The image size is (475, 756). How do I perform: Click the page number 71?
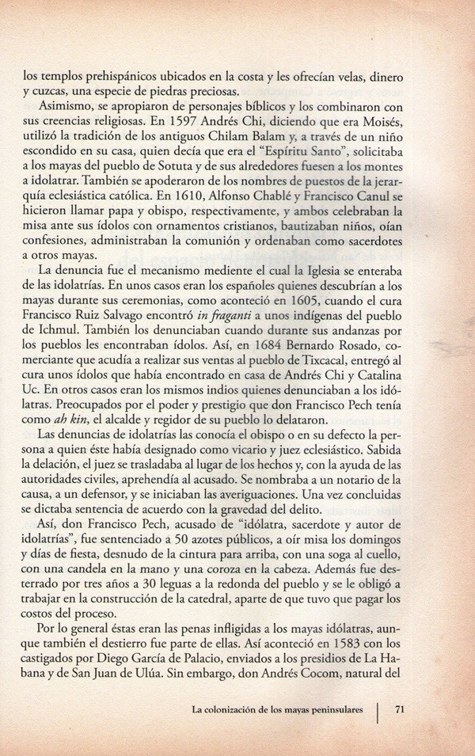click(x=400, y=709)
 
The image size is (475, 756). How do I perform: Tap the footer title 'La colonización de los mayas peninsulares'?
click(x=282, y=709)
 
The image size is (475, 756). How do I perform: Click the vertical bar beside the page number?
click(x=378, y=709)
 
